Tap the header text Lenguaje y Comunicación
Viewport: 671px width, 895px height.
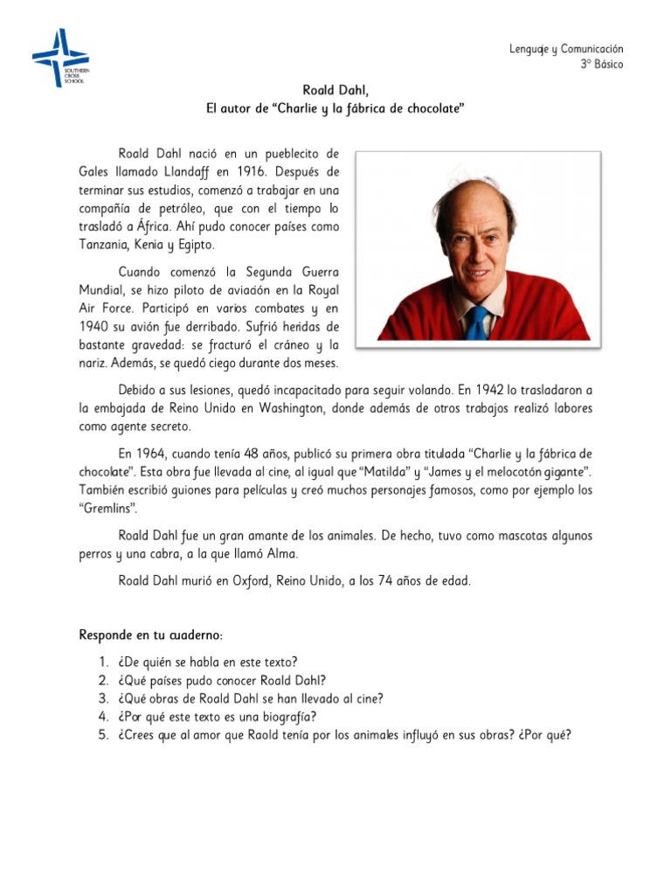[x=566, y=50]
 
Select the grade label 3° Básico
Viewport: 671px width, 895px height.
[x=602, y=66]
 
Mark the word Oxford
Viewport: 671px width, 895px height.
[x=253, y=580]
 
